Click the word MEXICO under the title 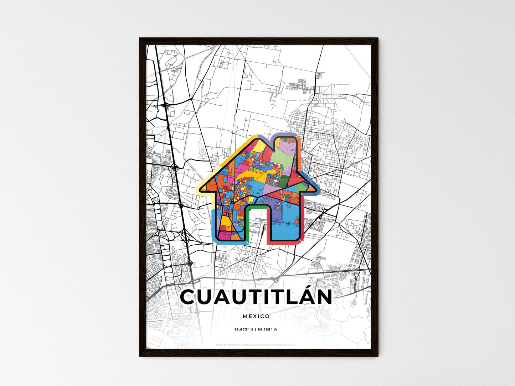(256, 316)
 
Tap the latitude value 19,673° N (243, 330)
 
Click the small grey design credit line (256, 345)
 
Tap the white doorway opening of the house (257, 224)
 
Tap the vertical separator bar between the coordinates (256, 330)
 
